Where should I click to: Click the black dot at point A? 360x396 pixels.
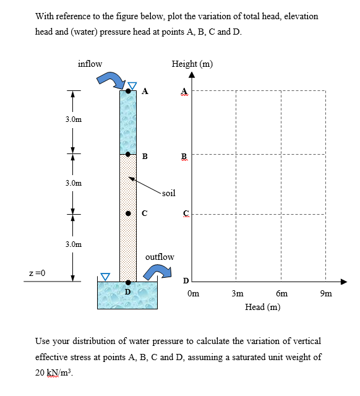click(x=128, y=91)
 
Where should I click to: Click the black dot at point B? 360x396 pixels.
click(x=128, y=154)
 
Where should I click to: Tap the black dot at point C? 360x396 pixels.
click(x=128, y=213)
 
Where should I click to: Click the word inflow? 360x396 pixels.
click(x=90, y=63)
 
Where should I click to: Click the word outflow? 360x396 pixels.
click(x=160, y=256)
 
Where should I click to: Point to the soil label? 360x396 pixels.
click(x=168, y=193)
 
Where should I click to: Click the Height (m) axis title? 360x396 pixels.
click(x=192, y=64)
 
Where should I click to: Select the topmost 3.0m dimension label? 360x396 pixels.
click(x=73, y=119)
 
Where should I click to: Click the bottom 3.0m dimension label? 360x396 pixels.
click(x=73, y=244)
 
